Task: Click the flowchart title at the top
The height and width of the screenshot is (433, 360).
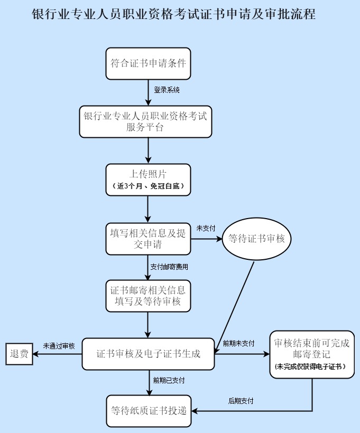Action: pos(174,14)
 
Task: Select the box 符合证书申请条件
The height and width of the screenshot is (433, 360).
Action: pos(148,64)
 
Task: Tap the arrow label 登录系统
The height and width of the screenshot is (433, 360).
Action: pos(167,90)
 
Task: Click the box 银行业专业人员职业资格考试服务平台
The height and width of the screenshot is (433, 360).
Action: pos(145,121)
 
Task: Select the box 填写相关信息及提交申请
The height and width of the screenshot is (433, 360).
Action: pos(148,239)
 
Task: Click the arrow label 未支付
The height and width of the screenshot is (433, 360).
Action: pos(206,228)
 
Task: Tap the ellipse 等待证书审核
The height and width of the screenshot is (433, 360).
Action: pos(256,239)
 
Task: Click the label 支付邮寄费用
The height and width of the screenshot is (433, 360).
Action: pos(169,267)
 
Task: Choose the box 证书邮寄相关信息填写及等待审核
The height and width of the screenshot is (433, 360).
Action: pos(148,296)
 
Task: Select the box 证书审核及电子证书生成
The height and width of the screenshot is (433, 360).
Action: pos(148,354)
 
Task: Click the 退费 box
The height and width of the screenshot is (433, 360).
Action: pos(20,354)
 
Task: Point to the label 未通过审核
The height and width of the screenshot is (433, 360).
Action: pos(59,346)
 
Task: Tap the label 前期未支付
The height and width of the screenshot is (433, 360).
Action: pos(238,343)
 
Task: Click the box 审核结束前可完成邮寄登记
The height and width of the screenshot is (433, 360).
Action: pos(312,349)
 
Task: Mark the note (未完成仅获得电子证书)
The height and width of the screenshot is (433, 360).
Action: pos(312,366)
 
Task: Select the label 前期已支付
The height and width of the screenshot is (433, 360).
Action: pos(169,380)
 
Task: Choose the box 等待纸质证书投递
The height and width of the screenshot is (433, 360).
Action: pos(148,410)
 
